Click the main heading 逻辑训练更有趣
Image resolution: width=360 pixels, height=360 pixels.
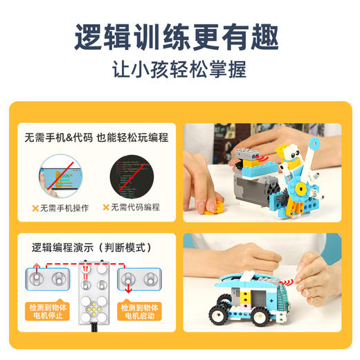point(180,36)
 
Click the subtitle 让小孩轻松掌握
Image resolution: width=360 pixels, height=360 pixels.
point(180,71)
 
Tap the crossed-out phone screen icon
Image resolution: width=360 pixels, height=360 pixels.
point(62,176)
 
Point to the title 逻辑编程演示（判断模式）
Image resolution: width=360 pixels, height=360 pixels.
point(92,246)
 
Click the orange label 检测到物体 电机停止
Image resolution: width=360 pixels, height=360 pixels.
point(48,312)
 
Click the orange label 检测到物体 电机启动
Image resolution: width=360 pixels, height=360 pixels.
point(141,312)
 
